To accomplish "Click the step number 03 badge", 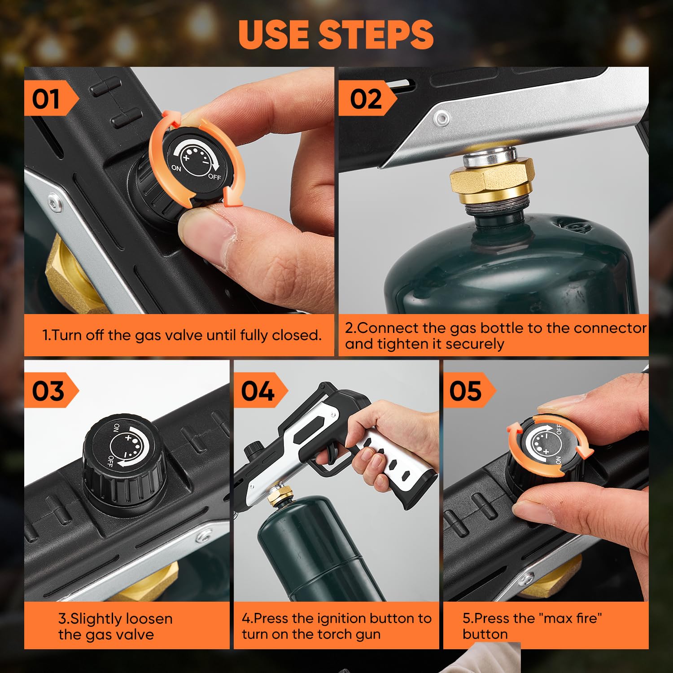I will pyautogui.click(x=48, y=390).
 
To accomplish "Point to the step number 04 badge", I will pyautogui.click(x=258, y=390).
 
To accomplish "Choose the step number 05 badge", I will pyautogui.click(x=466, y=390).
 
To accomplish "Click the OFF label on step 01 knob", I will pyautogui.click(x=214, y=176).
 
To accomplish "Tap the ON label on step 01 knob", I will pyautogui.click(x=176, y=168).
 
